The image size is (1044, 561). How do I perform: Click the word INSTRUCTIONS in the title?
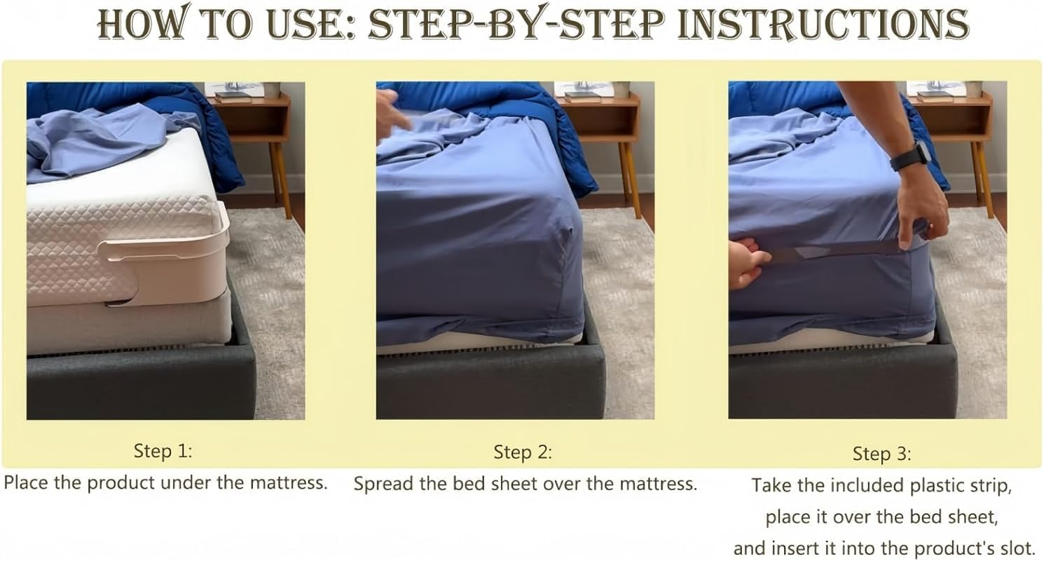pyautogui.click(x=823, y=23)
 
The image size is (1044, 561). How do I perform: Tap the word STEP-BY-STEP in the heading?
pyautogui.click(x=516, y=23)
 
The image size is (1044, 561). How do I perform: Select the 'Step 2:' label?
pyautogui.click(x=523, y=452)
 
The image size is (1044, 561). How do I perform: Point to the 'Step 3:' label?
pyautogui.click(x=881, y=454)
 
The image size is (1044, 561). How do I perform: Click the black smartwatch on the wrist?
pyautogui.click(x=909, y=156)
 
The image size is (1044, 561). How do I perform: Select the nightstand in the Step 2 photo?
pyautogui.click(x=601, y=140)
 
